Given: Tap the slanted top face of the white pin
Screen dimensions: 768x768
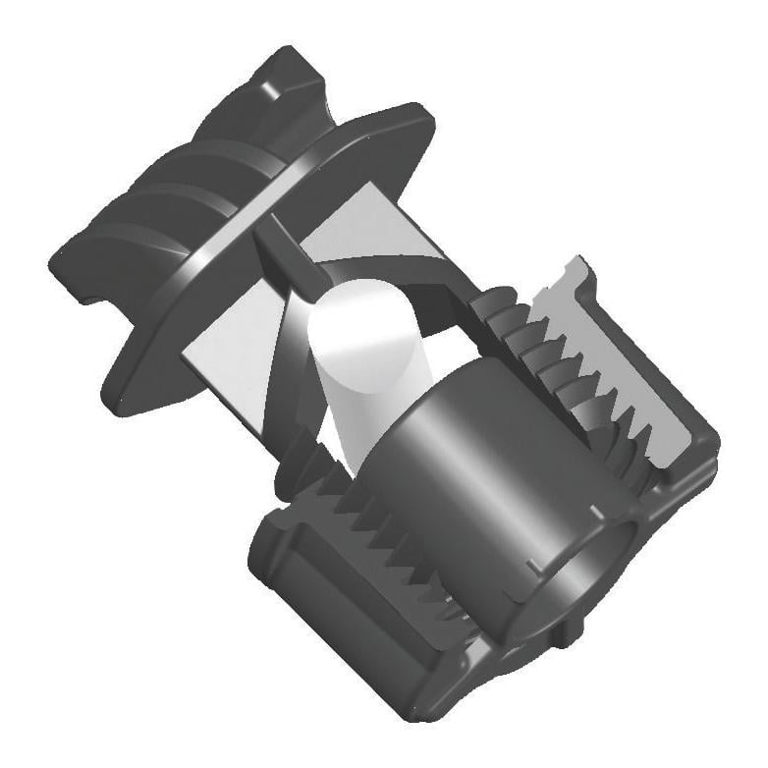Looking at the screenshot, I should tap(359, 314).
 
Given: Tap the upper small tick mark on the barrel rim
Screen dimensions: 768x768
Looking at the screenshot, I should tap(595, 509).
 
